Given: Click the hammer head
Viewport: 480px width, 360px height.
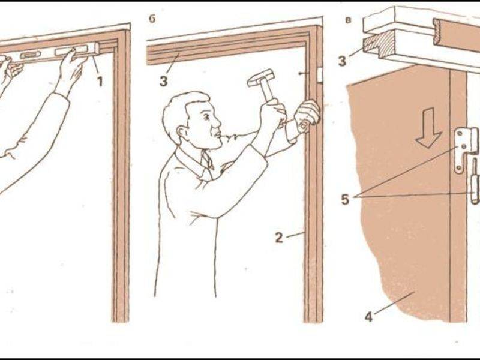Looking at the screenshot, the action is pos(262,78).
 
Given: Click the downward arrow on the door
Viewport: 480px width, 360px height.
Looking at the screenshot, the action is pos(428,128).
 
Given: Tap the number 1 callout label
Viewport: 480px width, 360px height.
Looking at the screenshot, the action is pos(100,82).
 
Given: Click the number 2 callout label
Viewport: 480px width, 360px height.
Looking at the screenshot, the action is pos(279,237).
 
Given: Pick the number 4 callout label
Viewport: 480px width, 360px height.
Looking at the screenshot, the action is pos(369,316).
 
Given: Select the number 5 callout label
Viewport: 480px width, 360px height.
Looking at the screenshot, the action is pos(344,199).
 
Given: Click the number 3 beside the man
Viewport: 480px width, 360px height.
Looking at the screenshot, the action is pos(163,81).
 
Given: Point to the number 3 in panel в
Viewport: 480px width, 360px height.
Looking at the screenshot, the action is pos(342,61).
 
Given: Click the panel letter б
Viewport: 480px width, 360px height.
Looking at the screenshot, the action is pos(152,19).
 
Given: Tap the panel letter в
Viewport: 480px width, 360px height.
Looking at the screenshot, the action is pos(347,20).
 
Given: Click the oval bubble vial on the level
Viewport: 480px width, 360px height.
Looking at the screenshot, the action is pos(31,55).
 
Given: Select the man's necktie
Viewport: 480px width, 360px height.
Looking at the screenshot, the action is pos(207,161).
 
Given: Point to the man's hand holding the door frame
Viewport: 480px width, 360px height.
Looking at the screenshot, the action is pos(307,116).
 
